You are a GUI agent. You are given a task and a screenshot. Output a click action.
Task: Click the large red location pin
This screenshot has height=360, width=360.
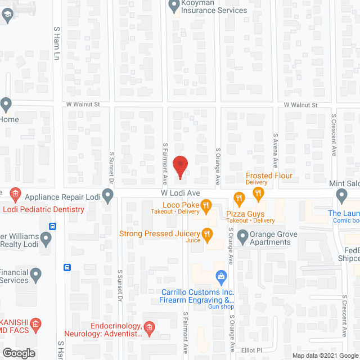(179, 167)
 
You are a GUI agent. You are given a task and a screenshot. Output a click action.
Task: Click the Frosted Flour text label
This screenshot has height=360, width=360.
(269, 175)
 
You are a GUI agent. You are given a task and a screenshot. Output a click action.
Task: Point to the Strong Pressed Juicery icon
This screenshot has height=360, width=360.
(208, 234)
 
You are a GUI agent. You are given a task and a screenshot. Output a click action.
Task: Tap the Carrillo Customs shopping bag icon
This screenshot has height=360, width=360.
(222, 276)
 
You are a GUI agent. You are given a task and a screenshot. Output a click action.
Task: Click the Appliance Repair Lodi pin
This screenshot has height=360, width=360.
(107, 196)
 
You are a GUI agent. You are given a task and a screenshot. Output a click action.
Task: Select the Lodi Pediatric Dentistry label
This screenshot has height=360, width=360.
(44, 209)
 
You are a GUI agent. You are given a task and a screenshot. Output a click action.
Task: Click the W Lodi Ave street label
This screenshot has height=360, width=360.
(178, 193)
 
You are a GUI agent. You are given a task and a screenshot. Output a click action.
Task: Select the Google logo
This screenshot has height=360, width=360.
(18, 353)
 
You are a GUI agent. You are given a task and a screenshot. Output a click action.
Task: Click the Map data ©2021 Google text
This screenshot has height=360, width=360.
(325, 355)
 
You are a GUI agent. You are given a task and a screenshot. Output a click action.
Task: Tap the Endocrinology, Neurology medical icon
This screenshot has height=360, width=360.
(148, 327)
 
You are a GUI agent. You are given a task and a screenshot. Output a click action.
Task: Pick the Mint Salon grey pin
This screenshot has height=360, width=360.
(341, 195)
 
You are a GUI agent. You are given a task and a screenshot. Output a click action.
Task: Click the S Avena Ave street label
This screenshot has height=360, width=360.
(276, 150)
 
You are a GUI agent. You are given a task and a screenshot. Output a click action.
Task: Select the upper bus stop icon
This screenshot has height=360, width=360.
(53, 227)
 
